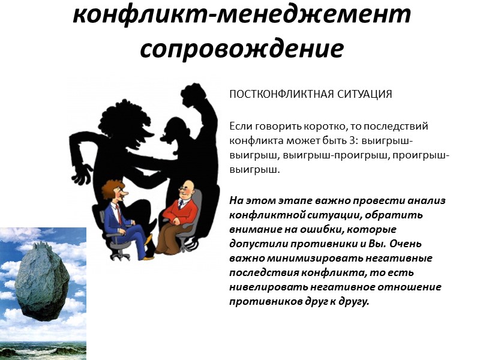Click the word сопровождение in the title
point(242,47)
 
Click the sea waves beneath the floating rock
point(42,347)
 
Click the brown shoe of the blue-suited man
point(147,257)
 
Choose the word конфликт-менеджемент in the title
point(242,13)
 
